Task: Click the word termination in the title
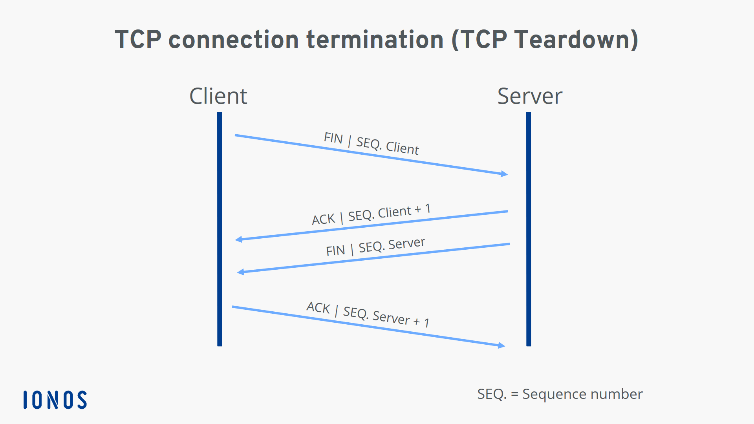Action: [x=375, y=40]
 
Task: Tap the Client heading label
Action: [x=218, y=96]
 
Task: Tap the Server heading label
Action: [x=530, y=96]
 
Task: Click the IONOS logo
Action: [x=55, y=400]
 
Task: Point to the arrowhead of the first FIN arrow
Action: [x=504, y=174]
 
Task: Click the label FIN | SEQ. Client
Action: [x=371, y=143]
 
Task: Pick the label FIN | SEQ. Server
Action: [x=375, y=247]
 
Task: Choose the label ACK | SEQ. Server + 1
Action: [x=368, y=314]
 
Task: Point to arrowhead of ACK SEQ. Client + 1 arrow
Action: [x=238, y=239]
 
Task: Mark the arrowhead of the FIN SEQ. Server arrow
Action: [x=240, y=272]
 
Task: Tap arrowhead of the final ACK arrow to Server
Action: [x=501, y=345]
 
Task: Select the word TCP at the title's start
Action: [x=138, y=40]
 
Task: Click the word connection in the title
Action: [x=234, y=40]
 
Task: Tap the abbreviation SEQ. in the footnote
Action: [x=491, y=394]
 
